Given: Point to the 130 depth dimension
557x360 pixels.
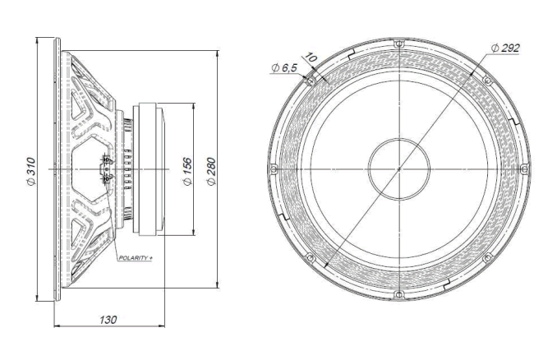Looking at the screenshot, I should [x=108, y=319].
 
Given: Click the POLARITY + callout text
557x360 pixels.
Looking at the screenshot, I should [x=136, y=258].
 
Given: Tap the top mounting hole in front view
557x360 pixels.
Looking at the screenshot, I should [x=398, y=44].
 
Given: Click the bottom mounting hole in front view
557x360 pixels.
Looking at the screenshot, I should [x=398, y=293].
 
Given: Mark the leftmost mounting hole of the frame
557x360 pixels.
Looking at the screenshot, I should [x=272, y=168].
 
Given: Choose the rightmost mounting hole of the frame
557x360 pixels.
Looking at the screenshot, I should [x=523, y=168].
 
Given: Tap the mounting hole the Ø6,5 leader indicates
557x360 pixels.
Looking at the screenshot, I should [x=309, y=80].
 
